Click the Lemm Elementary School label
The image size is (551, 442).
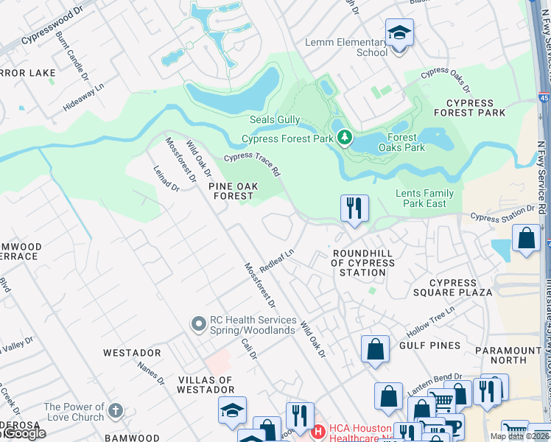pyautogui.click(x=346, y=47)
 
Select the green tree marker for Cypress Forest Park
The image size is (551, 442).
pyautogui.click(x=343, y=138)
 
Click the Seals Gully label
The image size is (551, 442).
pyautogui.click(x=274, y=120)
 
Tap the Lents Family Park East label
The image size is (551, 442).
pyautogui.click(x=425, y=198)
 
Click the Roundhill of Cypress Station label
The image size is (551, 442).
pyautogui.click(x=358, y=263)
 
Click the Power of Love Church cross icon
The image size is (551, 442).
pyautogui.click(x=115, y=411)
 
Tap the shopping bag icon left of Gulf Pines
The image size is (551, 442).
pyautogui.click(x=375, y=349)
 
